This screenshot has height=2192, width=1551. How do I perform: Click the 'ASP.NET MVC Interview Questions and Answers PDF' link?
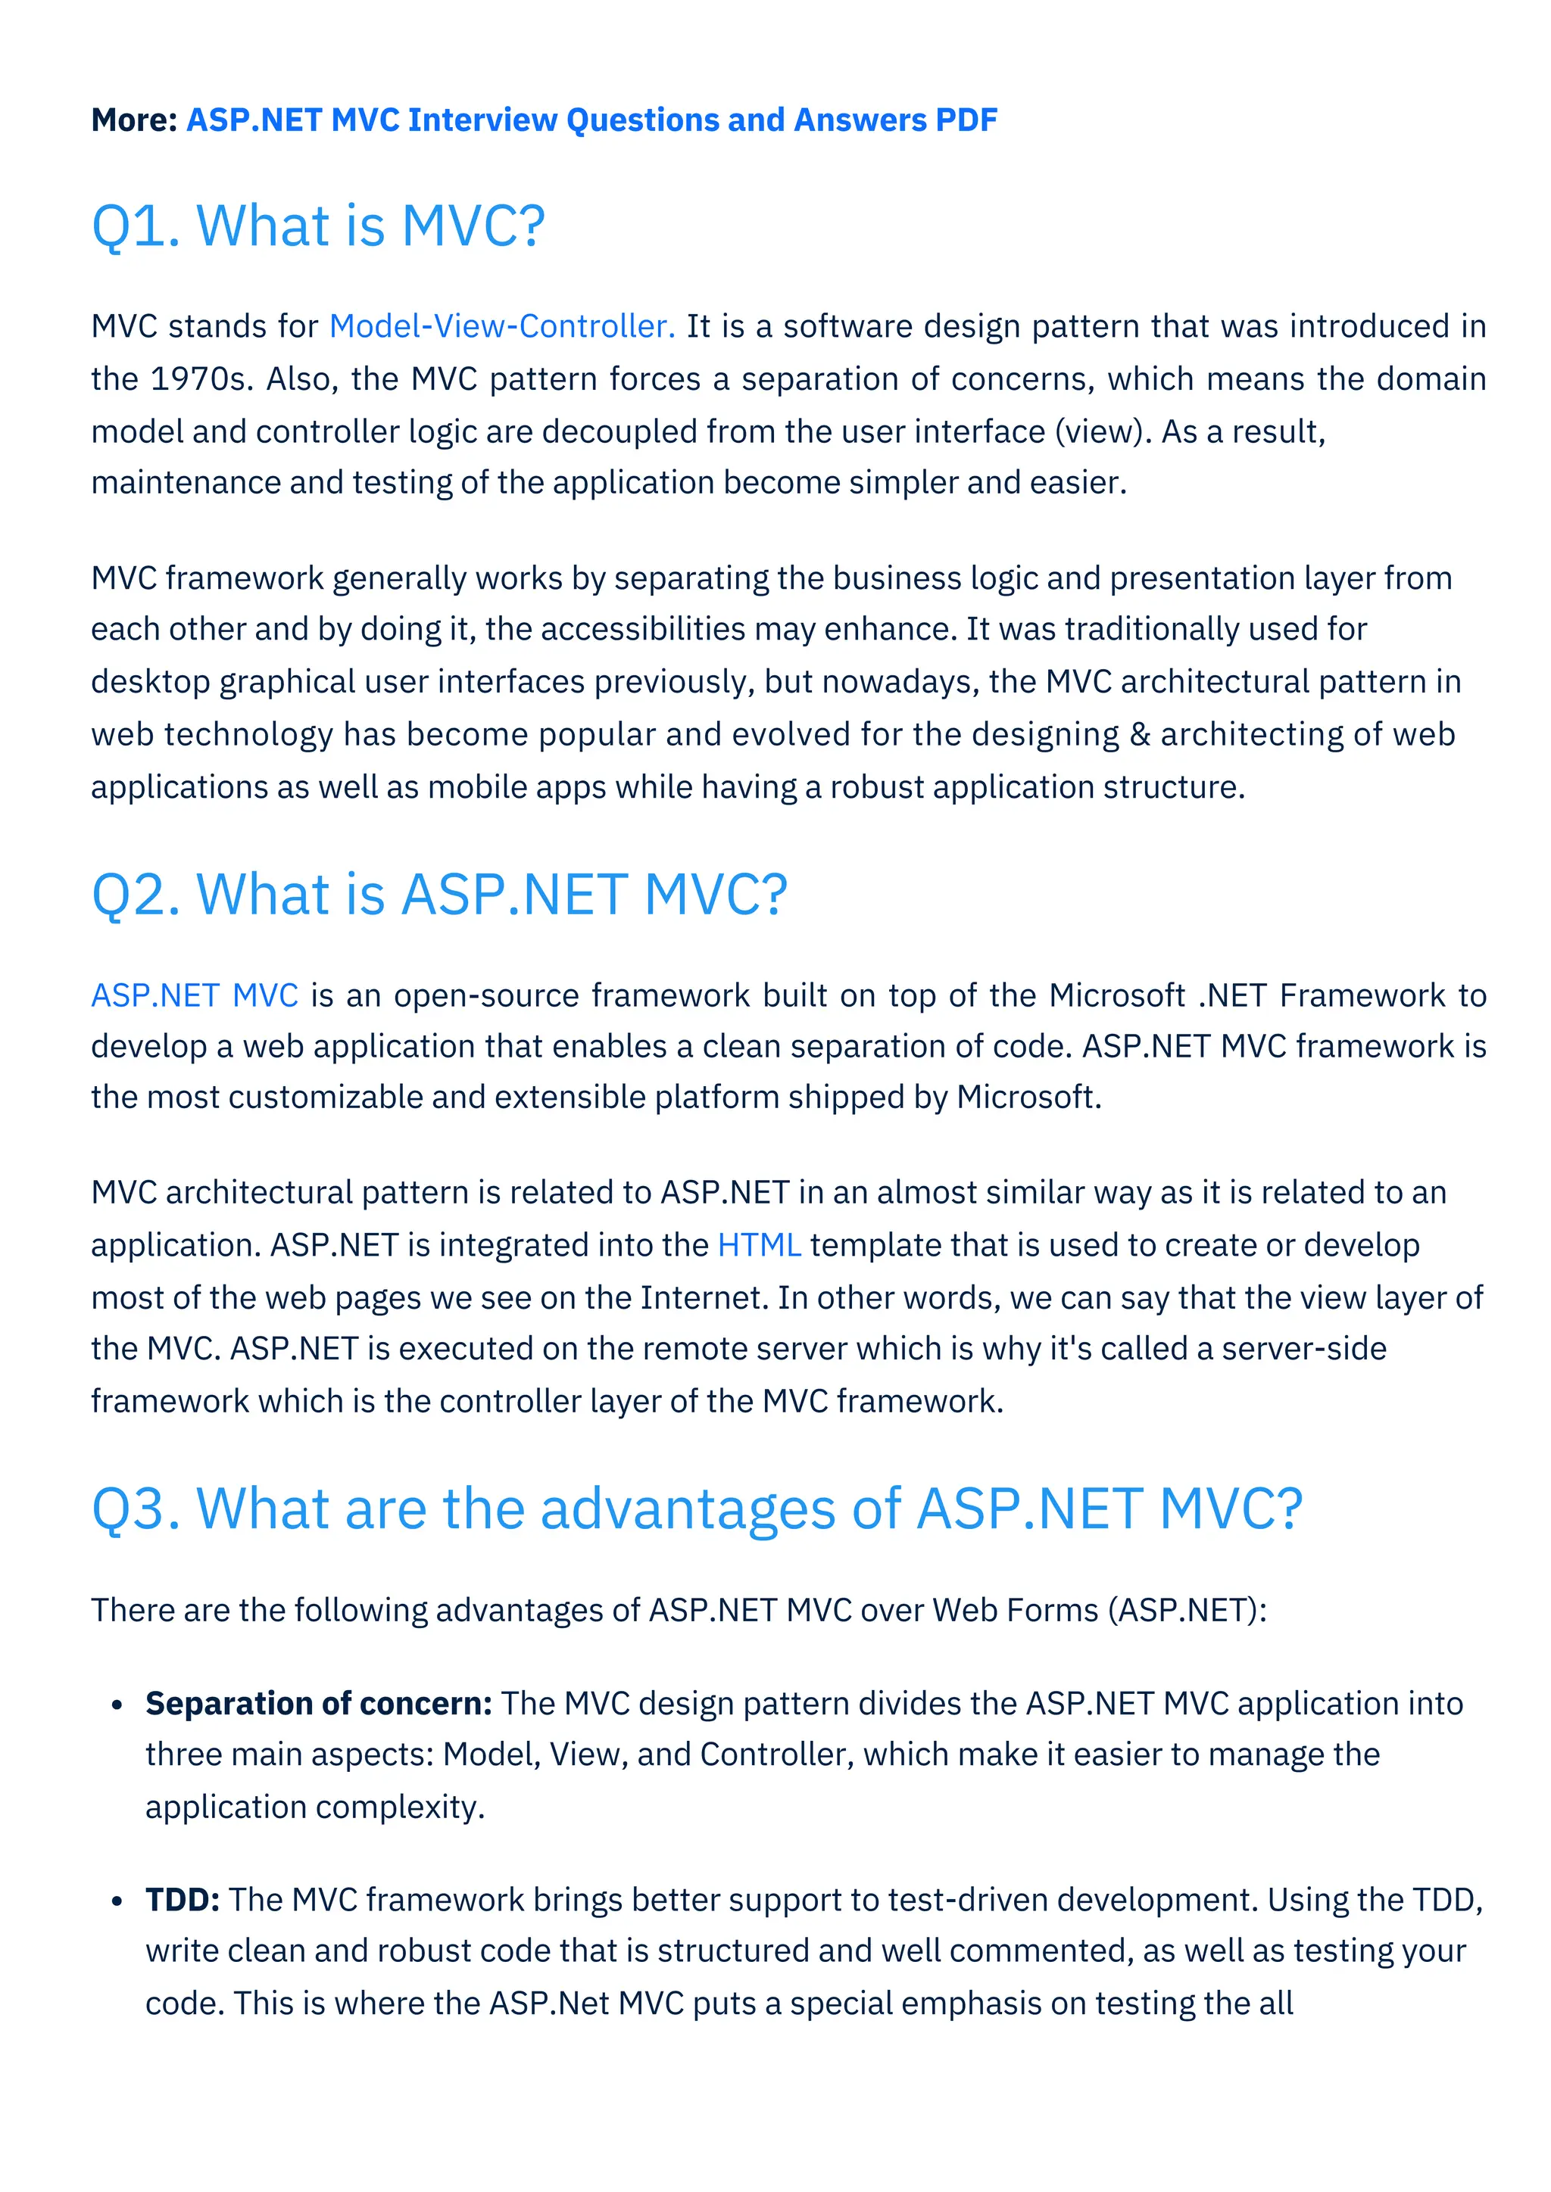pyautogui.click(x=591, y=120)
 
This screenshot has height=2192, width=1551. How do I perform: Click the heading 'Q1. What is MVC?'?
pyautogui.click(x=318, y=226)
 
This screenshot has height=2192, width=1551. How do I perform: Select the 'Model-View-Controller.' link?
pyautogui.click(x=502, y=326)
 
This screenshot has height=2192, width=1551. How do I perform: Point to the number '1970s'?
pyautogui.click(x=201, y=379)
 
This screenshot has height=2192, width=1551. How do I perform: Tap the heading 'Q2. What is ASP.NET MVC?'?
pyautogui.click(x=439, y=895)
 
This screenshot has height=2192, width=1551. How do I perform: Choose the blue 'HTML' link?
pyautogui.click(x=760, y=1245)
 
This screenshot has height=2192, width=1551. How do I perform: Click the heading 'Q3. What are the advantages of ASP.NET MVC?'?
pyautogui.click(x=697, y=1509)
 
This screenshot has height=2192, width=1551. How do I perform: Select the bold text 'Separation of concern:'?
pyautogui.click(x=319, y=1703)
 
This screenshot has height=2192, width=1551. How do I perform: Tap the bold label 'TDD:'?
pyautogui.click(x=183, y=1899)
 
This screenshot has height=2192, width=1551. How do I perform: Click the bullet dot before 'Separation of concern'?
pyautogui.click(x=117, y=1705)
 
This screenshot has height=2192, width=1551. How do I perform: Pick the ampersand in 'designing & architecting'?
pyautogui.click(x=1139, y=734)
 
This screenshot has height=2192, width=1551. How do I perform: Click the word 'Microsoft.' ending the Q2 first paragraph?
pyautogui.click(x=1029, y=1097)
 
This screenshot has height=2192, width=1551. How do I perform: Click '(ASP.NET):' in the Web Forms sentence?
pyautogui.click(x=1187, y=1610)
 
